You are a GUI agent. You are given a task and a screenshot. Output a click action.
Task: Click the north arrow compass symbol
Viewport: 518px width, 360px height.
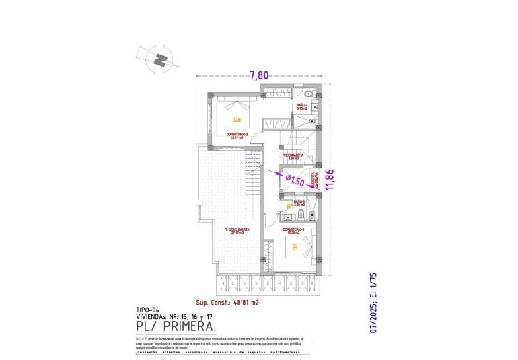pos(160,59)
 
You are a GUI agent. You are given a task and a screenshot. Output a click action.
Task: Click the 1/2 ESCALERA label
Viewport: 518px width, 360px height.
pos(293,156)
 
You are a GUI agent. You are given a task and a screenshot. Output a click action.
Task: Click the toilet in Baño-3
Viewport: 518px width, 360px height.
pos(303,215)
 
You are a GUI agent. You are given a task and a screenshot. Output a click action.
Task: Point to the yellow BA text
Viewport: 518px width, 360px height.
pos(290,207)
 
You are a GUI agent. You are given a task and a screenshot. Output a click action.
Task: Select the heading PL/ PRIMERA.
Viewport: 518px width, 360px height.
pos(176,326)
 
